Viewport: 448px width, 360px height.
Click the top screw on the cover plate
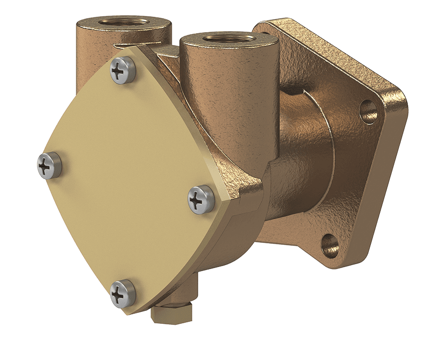coord(122,71)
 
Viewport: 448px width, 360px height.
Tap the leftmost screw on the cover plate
coord(49,165)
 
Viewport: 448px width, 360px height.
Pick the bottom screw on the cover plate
coord(122,293)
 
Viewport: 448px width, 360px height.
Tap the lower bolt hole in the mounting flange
coord(331,245)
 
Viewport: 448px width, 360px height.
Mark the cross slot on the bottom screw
coord(120,295)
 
